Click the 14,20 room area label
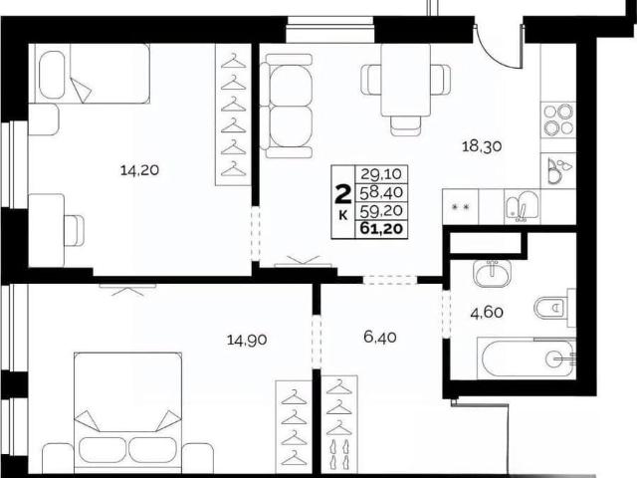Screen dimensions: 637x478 coord(139,170)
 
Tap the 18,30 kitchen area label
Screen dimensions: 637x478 coord(482,146)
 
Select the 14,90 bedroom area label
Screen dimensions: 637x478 coord(247,340)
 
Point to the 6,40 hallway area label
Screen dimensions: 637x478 coord(380,337)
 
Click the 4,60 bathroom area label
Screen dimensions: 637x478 coord(487,313)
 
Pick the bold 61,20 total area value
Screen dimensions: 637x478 coord(381,229)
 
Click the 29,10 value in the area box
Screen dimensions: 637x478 coord(381,174)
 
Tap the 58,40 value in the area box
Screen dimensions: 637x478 coord(381,192)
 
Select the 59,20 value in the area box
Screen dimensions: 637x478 coord(381,210)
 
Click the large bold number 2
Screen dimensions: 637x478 coord(342,195)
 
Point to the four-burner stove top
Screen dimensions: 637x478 coord(558,119)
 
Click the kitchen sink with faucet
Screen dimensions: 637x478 coord(522,206)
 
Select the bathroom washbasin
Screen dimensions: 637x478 coord(493,274)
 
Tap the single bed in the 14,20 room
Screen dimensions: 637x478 coord(93,73)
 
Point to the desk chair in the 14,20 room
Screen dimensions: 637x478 coord(75,230)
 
